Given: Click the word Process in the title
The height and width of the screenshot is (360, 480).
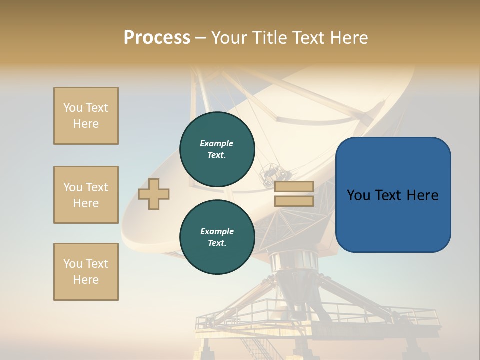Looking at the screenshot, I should (x=157, y=38).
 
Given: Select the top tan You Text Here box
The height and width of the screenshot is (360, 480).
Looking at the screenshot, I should (x=86, y=116).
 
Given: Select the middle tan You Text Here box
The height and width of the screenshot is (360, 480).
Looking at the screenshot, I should (x=86, y=195).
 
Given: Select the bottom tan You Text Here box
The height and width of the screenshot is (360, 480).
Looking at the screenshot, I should (x=86, y=272).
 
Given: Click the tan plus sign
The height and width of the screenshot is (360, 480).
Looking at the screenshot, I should (x=154, y=194).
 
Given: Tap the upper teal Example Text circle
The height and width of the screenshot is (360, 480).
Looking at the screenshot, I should (x=217, y=149).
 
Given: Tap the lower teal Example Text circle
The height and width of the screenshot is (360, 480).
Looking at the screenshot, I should (x=217, y=237).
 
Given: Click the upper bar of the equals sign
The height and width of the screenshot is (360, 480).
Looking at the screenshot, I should (x=294, y=187).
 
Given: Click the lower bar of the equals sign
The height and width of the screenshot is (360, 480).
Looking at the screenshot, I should (x=294, y=201).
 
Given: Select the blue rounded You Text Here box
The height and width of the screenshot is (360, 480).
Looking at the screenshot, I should (x=393, y=195).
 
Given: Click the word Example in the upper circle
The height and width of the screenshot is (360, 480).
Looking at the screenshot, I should (x=217, y=143).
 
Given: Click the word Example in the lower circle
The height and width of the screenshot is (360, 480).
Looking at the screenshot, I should (x=217, y=231).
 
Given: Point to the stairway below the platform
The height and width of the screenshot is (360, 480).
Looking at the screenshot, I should (x=255, y=347).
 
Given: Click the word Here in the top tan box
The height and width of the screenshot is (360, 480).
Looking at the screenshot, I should (x=86, y=124).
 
